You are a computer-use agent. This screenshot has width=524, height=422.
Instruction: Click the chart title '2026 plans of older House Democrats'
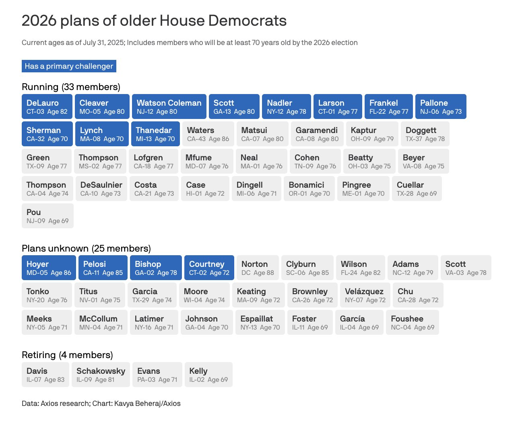tap(154, 20)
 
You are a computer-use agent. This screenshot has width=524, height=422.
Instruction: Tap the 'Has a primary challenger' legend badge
tap(69, 66)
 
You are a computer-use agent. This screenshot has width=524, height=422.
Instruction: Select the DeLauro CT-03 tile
tap(47, 107)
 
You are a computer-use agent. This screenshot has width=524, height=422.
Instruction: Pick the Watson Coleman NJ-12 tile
tap(169, 107)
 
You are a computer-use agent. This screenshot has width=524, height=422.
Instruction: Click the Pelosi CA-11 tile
tap(103, 268)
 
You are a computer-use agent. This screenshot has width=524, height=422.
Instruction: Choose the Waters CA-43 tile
tap(208, 134)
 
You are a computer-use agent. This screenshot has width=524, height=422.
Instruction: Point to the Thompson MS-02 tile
tap(100, 161)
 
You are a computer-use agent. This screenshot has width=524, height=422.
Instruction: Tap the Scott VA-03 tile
tap(466, 268)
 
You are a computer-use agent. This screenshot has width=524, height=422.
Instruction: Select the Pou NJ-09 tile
tap(48, 216)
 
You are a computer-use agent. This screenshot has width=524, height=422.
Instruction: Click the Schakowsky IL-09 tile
tap(101, 375)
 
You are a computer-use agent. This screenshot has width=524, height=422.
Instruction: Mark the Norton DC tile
tap(258, 268)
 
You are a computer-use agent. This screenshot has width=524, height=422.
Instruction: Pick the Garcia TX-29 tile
tap(152, 295)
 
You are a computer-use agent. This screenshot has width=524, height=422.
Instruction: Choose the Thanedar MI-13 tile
tap(155, 134)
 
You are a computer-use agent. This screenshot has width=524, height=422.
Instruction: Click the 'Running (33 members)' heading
tap(71, 87)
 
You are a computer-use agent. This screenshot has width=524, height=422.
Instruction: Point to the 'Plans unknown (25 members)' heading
tap(86, 248)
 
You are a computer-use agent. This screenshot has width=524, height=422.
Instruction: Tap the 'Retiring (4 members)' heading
tap(67, 355)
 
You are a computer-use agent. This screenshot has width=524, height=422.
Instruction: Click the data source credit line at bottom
tap(101, 403)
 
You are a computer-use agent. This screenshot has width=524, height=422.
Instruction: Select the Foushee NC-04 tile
tap(413, 322)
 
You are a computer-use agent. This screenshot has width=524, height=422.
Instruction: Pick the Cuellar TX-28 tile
tap(417, 188)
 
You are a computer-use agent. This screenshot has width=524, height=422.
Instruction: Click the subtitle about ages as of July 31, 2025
tap(190, 43)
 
